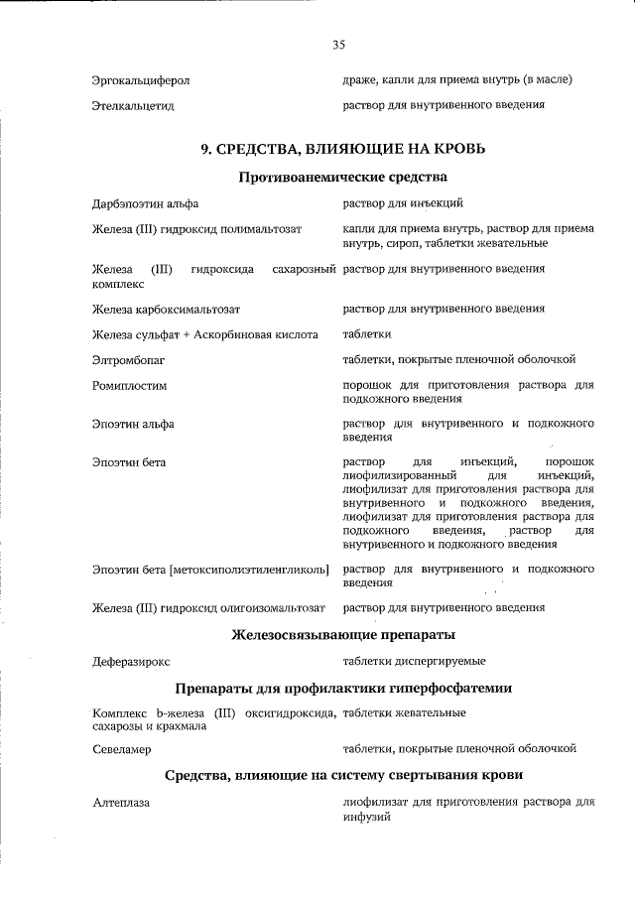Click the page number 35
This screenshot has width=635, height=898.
pos(338,45)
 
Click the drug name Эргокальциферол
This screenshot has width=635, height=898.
pos(141,79)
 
